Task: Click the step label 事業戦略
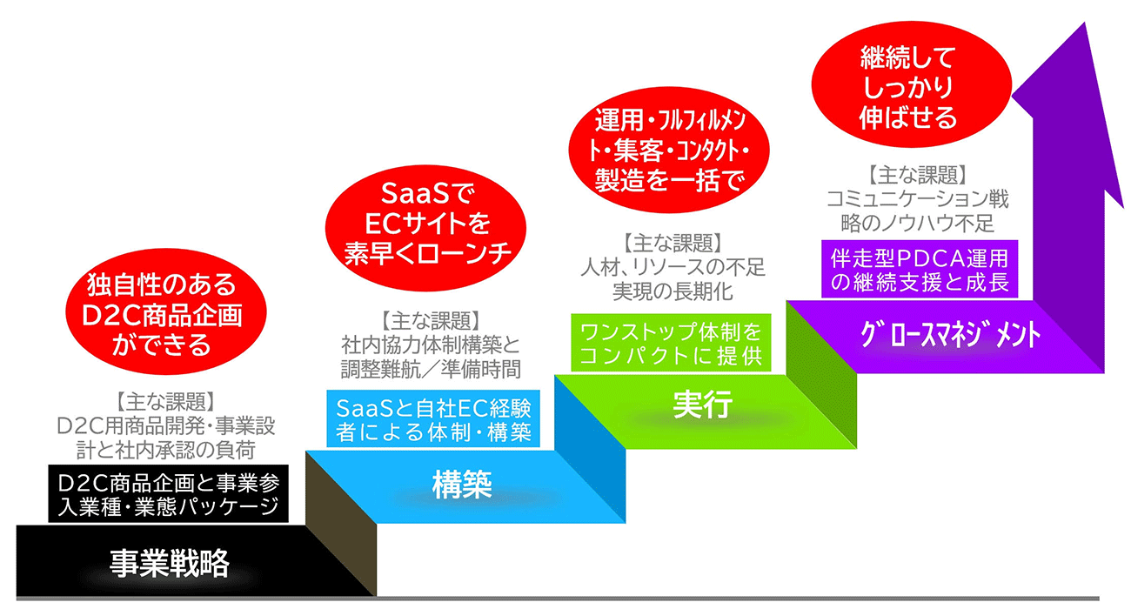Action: click(169, 564)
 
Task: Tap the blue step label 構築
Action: click(462, 485)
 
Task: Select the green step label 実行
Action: click(702, 405)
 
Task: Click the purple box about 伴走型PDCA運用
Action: click(918, 271)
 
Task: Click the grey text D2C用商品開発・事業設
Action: click(166, 427)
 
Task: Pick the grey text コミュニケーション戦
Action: click(918, 198)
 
